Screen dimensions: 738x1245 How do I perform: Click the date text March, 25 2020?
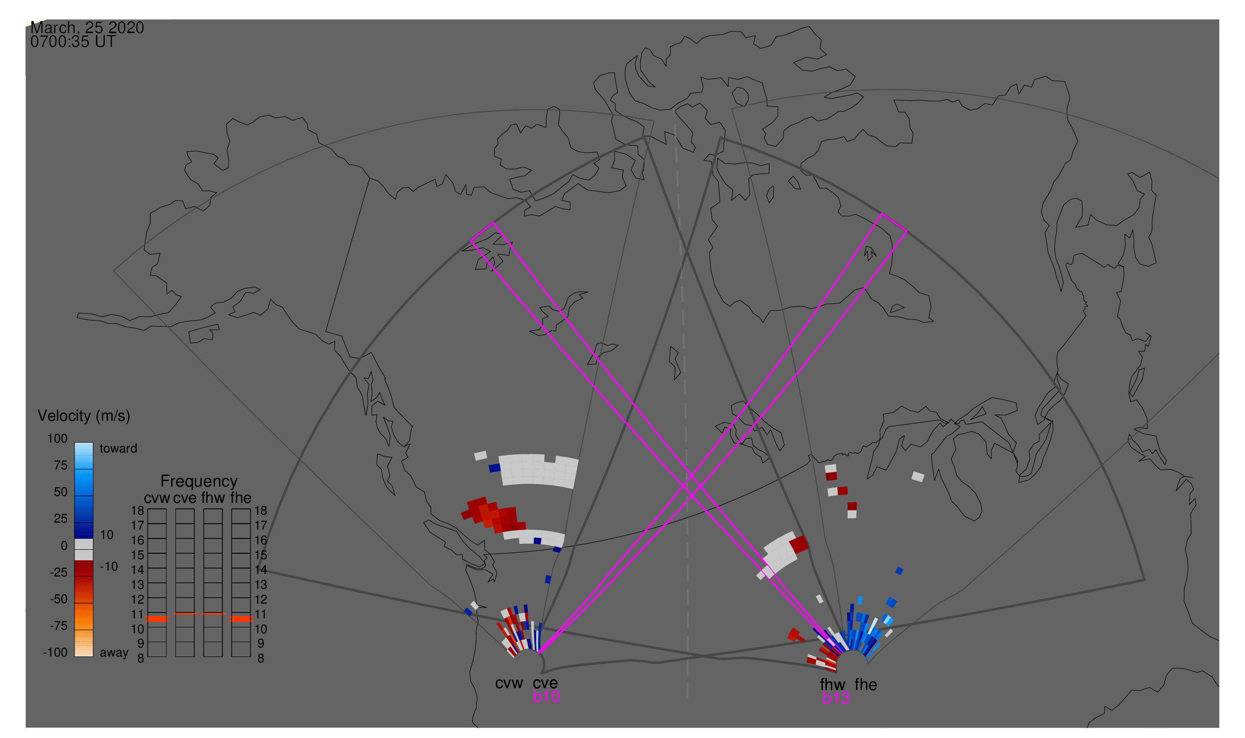click(87, 27)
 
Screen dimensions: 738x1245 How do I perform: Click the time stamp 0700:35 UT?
click(73, 42)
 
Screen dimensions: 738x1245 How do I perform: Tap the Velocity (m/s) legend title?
click(84, 416)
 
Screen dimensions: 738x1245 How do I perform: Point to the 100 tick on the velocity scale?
click(57, 439)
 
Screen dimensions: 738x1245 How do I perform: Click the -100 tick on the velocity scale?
click(55, 653)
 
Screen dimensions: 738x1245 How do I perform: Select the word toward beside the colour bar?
click(119, 449)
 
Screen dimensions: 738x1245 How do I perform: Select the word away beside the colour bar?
click(114, 653)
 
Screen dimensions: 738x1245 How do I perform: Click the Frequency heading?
click(199, 481)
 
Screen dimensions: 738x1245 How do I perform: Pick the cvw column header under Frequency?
click(157, 498)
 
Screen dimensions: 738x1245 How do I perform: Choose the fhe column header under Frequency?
click(240, 498)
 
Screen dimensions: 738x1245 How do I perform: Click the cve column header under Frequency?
click(185, 498)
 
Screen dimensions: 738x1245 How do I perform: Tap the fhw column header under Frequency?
click(213, 498)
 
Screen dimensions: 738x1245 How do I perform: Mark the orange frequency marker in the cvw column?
click(157, 618)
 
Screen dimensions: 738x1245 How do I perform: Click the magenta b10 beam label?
click(546, 697)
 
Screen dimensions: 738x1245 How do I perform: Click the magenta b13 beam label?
click(835, 698)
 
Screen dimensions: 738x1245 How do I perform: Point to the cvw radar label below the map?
click(509, 683)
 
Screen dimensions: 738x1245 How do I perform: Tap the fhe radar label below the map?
click(866, 685)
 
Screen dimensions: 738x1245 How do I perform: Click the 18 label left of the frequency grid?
click(137, 511)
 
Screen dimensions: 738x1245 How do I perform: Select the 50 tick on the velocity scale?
click(60, 492)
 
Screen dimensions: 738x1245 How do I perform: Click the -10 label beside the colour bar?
click(108, 567)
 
